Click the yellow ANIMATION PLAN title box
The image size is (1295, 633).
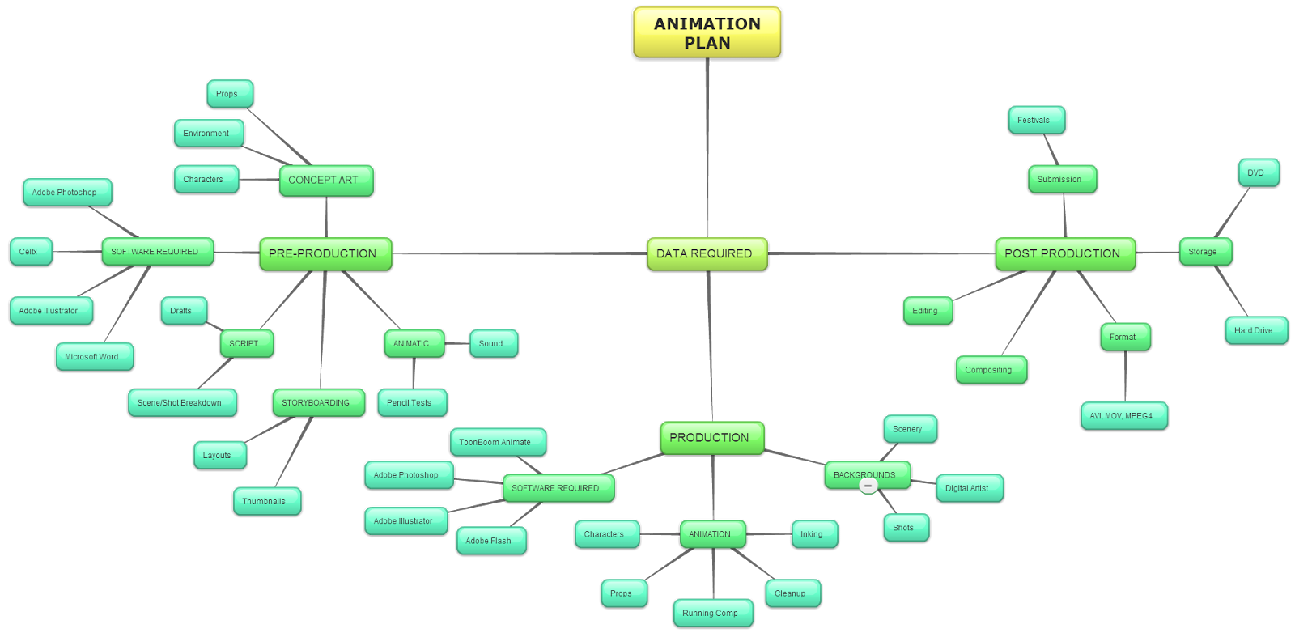coord(707,33)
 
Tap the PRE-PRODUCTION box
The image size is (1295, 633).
coord(325,254)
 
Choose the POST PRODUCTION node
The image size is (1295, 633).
coord(1064,254)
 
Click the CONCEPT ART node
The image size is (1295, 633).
coord(325,181)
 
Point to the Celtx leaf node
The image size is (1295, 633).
coord(31,252)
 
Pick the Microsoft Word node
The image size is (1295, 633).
coord(94,357)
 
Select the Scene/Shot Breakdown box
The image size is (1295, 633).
coord(181,403)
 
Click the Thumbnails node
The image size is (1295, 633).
coord(266,502)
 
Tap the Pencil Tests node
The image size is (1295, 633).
coord(411,403)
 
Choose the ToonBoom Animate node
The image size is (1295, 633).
coord(497,443)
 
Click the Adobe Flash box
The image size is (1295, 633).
coord(490,542)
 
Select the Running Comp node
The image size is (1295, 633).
coord(712,614)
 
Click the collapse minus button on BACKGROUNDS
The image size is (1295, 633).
coord(868,486)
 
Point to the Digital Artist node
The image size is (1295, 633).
coord(969,489)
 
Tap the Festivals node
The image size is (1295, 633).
coord(1036,121)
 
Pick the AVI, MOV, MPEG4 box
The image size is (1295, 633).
coord(1123,416)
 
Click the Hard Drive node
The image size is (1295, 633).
coord(1255,331)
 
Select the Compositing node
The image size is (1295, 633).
coord(991,371)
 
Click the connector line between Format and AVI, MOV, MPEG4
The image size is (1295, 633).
coord(1125,376)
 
